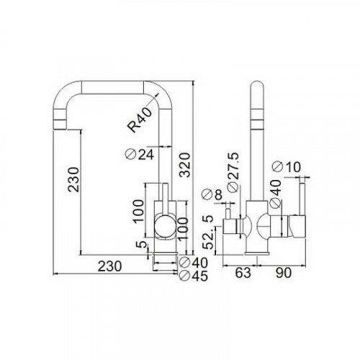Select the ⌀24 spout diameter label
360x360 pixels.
pyautogui.click(x=138, y=153)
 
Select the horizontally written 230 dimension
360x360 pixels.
pyautogui.click(x=108, y=266)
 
